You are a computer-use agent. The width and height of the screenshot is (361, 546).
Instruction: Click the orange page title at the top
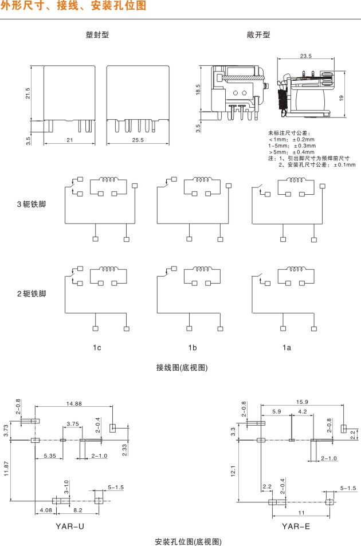pyautogui.click(x=73, y=6)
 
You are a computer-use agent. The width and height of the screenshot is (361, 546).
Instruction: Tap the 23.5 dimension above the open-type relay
pyautogui.click(x=305, y=56)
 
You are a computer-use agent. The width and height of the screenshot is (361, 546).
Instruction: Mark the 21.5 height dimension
pyautogui.click(x=28, y=93)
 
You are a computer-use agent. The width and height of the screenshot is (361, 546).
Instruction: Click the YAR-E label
pyautogui.click(x=296, y=524)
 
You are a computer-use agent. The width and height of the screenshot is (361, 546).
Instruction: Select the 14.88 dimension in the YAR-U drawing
pyautogui.click(x=73, y=403)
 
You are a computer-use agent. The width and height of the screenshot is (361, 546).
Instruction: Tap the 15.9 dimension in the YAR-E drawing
pyautogui.click(x=302, y=401)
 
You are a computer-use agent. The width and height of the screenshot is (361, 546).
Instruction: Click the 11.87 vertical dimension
pyautogui.click(x=6, y=469)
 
